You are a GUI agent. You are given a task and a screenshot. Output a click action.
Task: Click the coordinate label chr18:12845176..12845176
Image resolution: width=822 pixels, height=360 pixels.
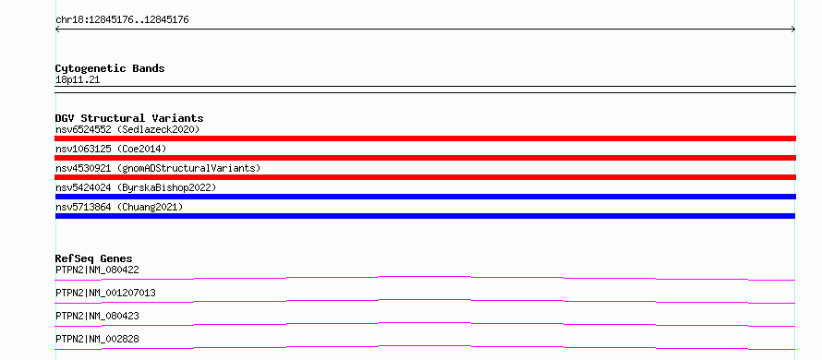click(x=122, y=20)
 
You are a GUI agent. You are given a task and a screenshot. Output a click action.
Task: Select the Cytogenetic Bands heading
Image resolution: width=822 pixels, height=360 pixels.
click(x=110, y=68)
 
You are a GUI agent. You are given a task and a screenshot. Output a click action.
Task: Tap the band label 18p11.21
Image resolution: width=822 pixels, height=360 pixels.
click(x=78, y=80)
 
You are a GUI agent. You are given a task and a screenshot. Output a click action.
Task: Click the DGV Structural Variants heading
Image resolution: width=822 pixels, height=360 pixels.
click(x=129, y=118)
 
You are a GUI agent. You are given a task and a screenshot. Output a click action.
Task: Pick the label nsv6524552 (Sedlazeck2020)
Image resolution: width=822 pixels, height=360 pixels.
click(x=127, y=129)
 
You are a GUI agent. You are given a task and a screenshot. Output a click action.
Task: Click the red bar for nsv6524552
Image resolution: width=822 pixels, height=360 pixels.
click(x=425, y=138)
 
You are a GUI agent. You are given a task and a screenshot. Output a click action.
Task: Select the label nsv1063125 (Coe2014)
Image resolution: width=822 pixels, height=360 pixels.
click(x=111, y=149)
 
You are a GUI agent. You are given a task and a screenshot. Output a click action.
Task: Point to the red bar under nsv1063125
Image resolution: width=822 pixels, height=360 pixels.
click(x=425, y=158)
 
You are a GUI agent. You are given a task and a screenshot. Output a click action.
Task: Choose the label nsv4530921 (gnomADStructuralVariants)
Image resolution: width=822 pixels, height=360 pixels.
click(x=158, y=168)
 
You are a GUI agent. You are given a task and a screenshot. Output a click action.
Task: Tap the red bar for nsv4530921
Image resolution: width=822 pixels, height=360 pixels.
click(x=425, y=177)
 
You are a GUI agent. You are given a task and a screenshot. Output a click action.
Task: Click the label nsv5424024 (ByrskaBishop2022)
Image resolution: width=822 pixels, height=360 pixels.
click(x=136, y=187)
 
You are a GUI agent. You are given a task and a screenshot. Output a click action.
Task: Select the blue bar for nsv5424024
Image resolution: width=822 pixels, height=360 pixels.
click(x=425, y=197)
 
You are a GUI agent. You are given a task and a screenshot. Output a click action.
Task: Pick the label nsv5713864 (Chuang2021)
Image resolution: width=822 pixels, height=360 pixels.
click(x=119, y=207)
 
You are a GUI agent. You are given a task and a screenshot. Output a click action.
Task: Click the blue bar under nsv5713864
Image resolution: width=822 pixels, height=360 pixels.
click(x=425, y=216)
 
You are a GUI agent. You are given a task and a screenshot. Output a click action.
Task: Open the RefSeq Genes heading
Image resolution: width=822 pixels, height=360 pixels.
click(x=94, y=258)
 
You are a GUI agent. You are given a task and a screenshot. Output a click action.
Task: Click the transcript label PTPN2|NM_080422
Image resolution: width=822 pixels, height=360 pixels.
click(x=97, y=270)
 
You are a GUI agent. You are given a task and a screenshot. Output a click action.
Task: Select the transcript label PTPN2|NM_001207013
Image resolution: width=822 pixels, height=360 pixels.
click(x=105, y=293)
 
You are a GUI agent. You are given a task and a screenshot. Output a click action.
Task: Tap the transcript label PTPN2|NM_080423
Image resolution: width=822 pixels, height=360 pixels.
click(x=97, y=316)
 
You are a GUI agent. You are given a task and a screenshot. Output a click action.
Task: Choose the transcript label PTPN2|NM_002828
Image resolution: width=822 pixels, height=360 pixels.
click(x=97, y=339)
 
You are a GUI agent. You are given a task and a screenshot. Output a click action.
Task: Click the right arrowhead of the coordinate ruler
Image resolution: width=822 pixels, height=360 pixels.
click(x=793, y=30)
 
